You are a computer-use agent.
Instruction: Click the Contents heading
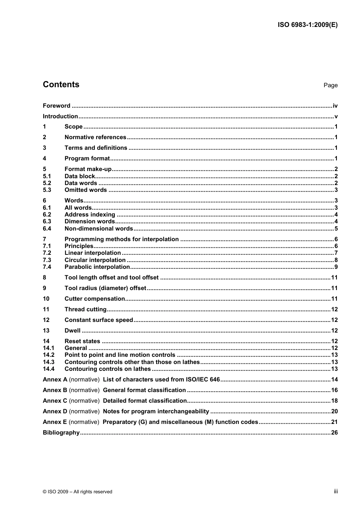click(61, 85)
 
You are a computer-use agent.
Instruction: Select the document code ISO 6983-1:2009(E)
click(307, 25)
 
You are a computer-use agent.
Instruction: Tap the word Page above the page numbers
click(330, 85)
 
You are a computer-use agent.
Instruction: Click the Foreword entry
click(56, 106)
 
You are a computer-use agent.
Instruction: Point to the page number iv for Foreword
click(335, 106)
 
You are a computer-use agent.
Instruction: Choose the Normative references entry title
click(95, 137)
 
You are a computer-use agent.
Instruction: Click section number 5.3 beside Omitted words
click(47, 190)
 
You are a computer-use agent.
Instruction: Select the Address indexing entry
click(90, 215)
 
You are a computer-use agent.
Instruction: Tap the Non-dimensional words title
click(99, 229)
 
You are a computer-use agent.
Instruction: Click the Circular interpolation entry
click(95, 260)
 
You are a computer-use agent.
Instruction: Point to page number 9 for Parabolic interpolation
click(336, 267)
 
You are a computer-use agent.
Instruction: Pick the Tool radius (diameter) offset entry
click(105, 288)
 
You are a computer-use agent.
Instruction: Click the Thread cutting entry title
click(85, 309)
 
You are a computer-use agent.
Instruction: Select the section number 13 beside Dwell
click(46, 331)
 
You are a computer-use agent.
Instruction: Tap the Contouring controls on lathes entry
click(108, 369)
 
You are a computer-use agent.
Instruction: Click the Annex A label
click(55, 380)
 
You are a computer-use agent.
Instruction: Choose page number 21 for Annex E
click(334, 422)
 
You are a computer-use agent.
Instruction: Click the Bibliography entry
click(61, 433)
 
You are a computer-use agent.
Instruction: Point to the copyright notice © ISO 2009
click(78, 492)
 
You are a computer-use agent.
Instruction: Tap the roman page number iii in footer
click(336, 491)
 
